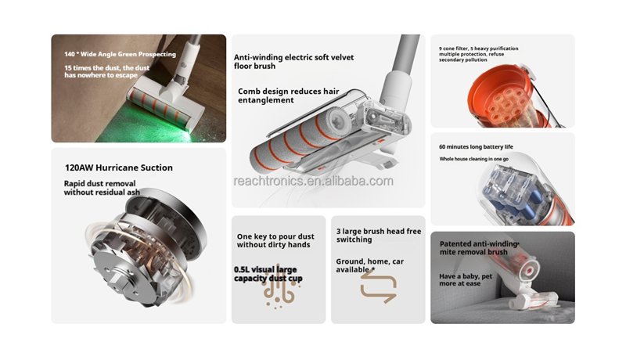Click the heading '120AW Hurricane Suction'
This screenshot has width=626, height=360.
[119, 167]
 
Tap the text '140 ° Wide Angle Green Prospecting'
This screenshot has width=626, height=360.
[121, 54]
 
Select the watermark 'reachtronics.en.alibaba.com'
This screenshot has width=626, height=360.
[314, 181]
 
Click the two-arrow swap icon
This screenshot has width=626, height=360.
[378, 286]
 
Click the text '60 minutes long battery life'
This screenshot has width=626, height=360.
[476, 146]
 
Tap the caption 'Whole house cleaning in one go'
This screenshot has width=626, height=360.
[474, 159]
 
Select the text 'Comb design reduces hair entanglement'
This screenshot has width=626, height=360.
[288, 95]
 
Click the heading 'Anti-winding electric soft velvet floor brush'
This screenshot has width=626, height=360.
[293, 62]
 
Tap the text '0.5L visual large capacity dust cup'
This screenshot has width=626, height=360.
[268, 274]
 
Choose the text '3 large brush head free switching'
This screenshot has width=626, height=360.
[379, 235]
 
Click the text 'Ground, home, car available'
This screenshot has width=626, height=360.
[369, 265]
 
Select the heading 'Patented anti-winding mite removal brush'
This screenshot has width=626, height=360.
[479, 248]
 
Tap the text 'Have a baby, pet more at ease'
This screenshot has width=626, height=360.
[466, 279]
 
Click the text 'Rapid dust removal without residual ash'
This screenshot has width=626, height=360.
[102, 188]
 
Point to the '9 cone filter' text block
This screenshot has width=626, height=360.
[479, 54]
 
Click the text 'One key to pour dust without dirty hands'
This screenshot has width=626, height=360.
[275, 240]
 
